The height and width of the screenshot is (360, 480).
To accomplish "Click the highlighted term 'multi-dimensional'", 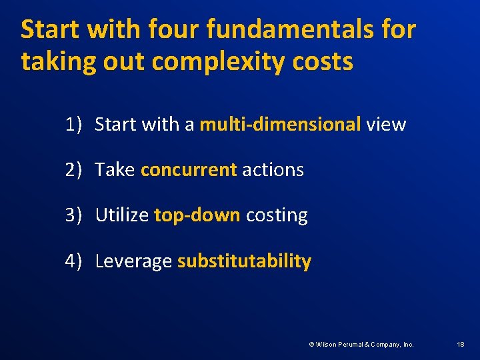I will pos(280,124).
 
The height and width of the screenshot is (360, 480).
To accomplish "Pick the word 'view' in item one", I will pos(386,124).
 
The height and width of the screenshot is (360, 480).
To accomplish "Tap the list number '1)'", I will pos(73,124).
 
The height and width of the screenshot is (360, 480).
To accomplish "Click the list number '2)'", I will pos(73,169).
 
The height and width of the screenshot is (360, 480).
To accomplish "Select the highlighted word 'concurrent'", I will pos(189,169).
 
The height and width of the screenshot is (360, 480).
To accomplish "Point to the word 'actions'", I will pos(273,169).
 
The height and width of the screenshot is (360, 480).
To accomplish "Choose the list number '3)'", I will pos(73,215).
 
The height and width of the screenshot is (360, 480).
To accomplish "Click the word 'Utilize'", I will pos(122,215).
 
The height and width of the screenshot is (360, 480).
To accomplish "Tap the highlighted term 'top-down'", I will pos(197,215).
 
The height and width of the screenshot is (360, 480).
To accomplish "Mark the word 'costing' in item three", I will pos(277,215).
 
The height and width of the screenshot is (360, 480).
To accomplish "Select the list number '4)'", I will pos(73,261).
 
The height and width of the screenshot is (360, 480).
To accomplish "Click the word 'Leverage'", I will pos(133,261).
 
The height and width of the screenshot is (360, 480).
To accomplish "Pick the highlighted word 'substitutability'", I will pos(244,261).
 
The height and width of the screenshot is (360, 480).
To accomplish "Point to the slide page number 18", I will pos(461,344).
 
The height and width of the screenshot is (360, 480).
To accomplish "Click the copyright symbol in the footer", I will pos(311,344).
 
